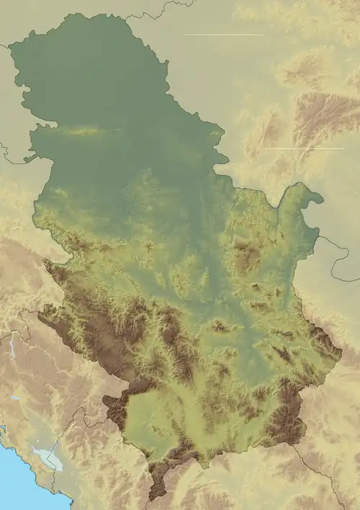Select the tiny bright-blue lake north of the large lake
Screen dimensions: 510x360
click(16, 398)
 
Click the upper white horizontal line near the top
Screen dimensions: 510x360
click(224, 35)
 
